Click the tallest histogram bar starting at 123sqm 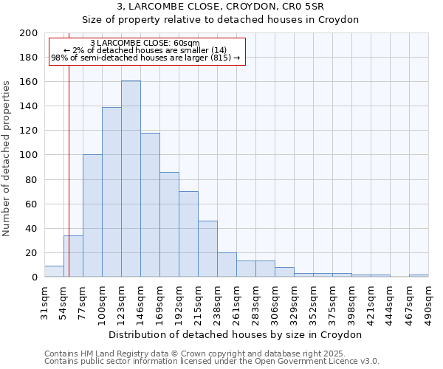click(131, 179)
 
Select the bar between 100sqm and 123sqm click(111, 192)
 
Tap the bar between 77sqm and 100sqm click(92, 215)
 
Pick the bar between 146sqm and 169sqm click(150, 204)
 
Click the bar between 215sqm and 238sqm click(207, 249)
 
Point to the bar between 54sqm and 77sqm click(73, 256)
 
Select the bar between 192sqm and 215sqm click(188, 234)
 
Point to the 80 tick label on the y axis click(31, 179)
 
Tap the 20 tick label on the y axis click(31, 253)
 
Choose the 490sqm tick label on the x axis click(432, 301)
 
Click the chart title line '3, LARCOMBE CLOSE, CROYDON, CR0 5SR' click(236, 7)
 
